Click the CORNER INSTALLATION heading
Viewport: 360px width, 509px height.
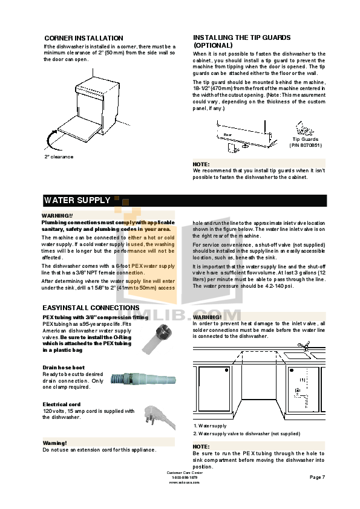pyautogui.click(x=83, y=38)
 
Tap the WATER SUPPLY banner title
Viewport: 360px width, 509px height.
pyautogui.click(x=77, y=200)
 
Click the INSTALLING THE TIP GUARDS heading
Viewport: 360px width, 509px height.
pyautogui.click(x=241, y=41)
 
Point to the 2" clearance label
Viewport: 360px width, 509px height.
pyautogui.click(x=59, y=157)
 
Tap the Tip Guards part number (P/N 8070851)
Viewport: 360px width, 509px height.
pyautogui.click(x=305, y=145)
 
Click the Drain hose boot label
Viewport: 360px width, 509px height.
pyautogui.click(x=64, y=368)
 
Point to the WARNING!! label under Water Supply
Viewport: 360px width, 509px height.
pyautogui.click(x=57, y=215)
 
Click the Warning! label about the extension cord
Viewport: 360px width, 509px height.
pyautogui.click(x=54, y=443)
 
